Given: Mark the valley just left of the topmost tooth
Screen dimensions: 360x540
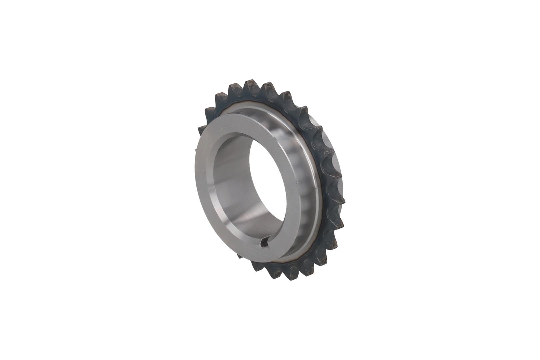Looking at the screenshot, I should click(241, 91).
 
